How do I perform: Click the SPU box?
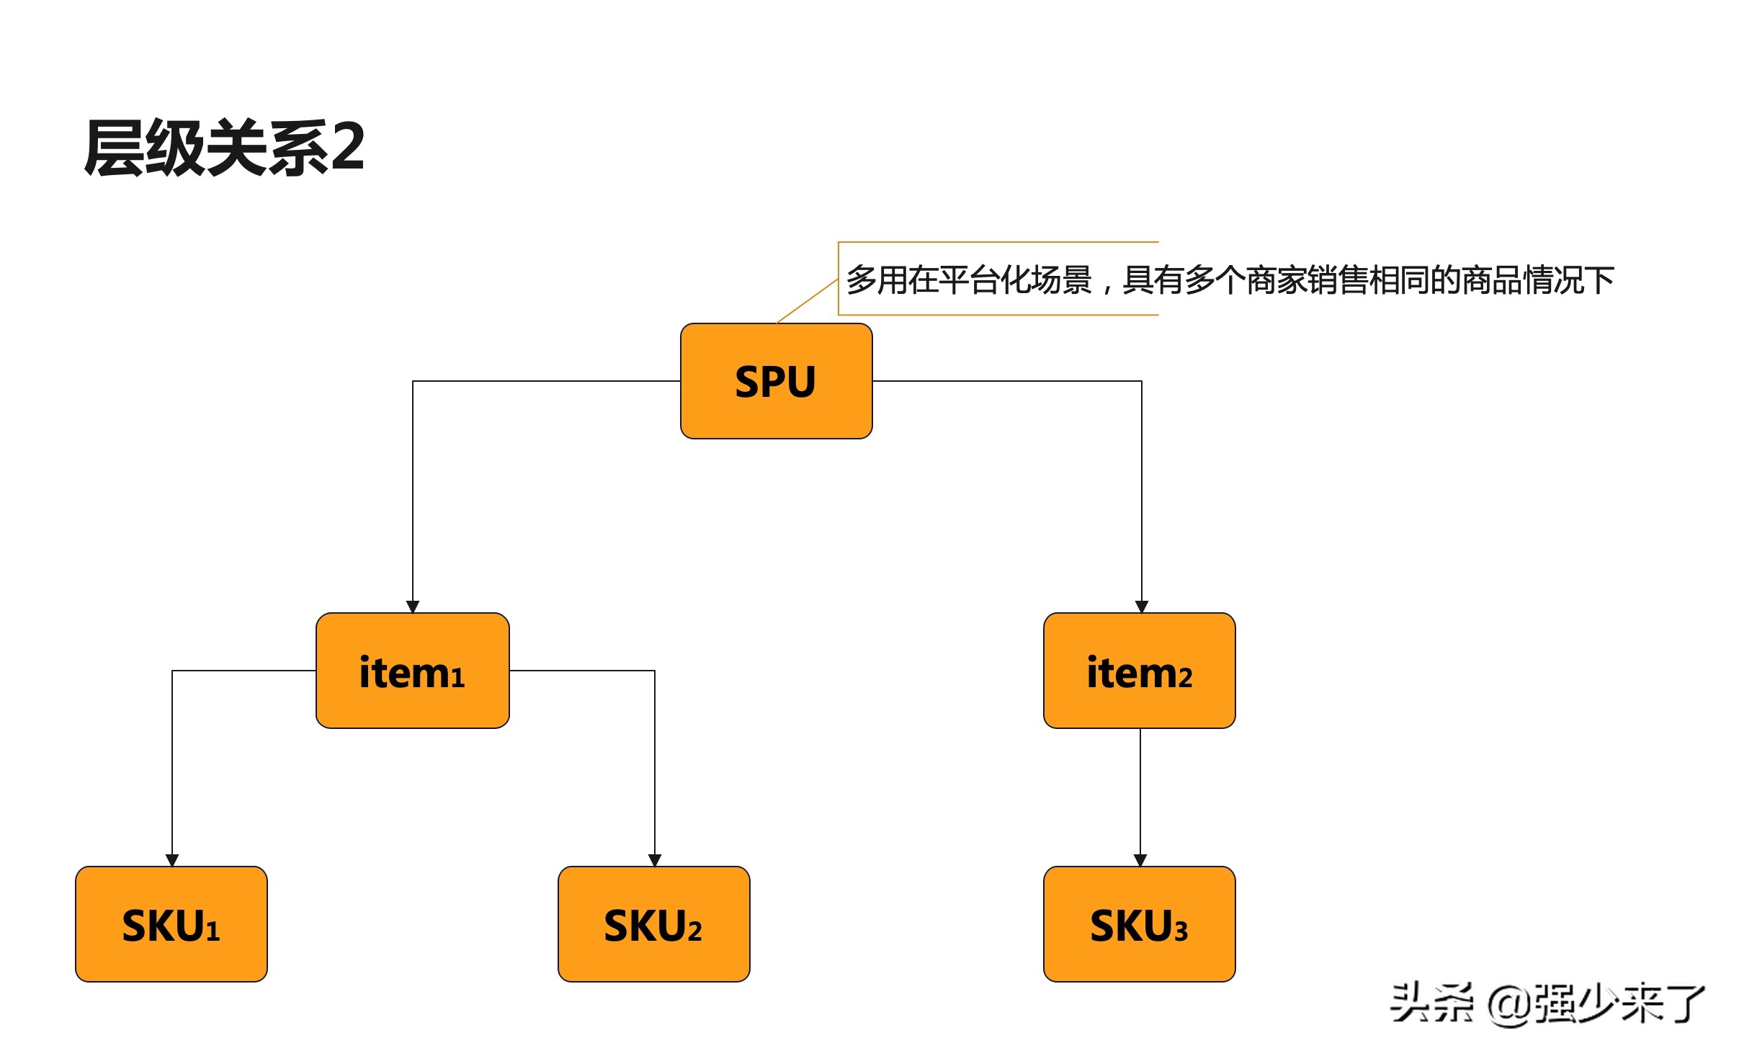[x=776, y=381]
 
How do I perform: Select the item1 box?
[x=412, y=671]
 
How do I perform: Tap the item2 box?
[x=1139, y=671]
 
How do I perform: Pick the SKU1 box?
[x=171, y=924]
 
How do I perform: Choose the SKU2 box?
[x=653, y=924]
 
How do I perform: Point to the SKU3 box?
[x=1139, y=924]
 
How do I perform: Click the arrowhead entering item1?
[x=413, y=607]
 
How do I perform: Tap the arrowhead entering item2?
[x=1142, y=607]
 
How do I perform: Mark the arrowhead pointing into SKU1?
[x=172, y=860]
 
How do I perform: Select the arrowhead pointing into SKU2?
[x=655, y=860]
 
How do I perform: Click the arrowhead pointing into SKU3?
[x=1140, y=860]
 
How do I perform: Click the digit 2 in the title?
[x=347, y=147]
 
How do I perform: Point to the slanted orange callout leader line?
[x=807, y=301]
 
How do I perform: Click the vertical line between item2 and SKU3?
[x=1140, y=792]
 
